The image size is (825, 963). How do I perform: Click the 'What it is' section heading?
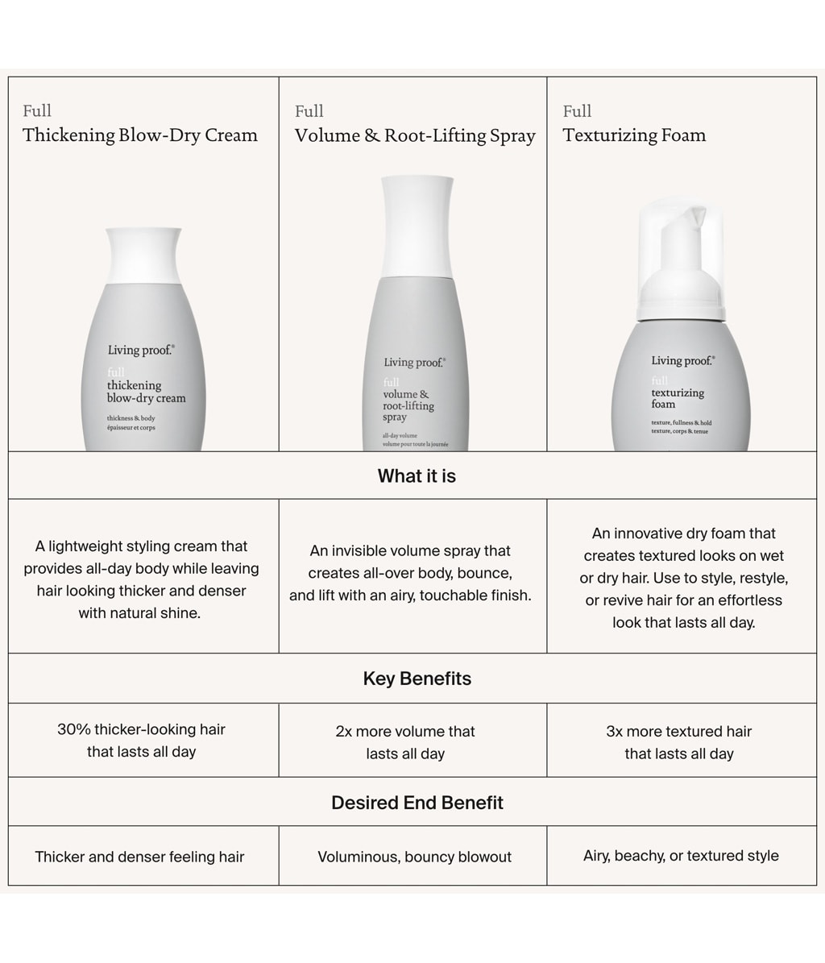pyautogui.click(x=417, y=476)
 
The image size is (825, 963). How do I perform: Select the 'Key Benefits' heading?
pyautogui.click(x=417, y=679)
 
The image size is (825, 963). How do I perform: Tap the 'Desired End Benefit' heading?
pyautogui.click(x=417, y=803)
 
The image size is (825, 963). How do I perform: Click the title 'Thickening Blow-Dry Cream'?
pyautogui.click(x=140, y=135)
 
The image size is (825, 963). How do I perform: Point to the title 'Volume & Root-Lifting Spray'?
pyautogui.click(x=415, y=135)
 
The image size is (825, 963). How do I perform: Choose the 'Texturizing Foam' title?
pyautogui.click(x=634, y=135)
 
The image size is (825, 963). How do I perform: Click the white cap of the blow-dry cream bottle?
pyautogui.click(x=143, y=255)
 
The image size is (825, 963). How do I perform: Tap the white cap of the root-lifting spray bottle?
pyautogui.click(x=417, y=226)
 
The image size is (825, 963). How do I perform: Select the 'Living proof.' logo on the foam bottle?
pyautogui.click(x=682, y=360)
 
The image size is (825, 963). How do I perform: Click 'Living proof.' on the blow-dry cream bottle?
pyautogui.click(x=140, y=350)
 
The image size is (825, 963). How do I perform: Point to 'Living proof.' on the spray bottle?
pyautogui.click(x=414, y=363)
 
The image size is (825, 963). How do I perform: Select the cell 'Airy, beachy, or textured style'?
pyautogui.click(x=681, y=856)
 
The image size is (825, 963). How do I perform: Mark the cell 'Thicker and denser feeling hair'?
pyautogui.click(x=139, y=857)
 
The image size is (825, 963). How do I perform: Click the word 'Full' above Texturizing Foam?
pyautogui.click(x=577, y=111)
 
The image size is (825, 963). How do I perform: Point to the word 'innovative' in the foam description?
pyautogui.click(x=657, y=533)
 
